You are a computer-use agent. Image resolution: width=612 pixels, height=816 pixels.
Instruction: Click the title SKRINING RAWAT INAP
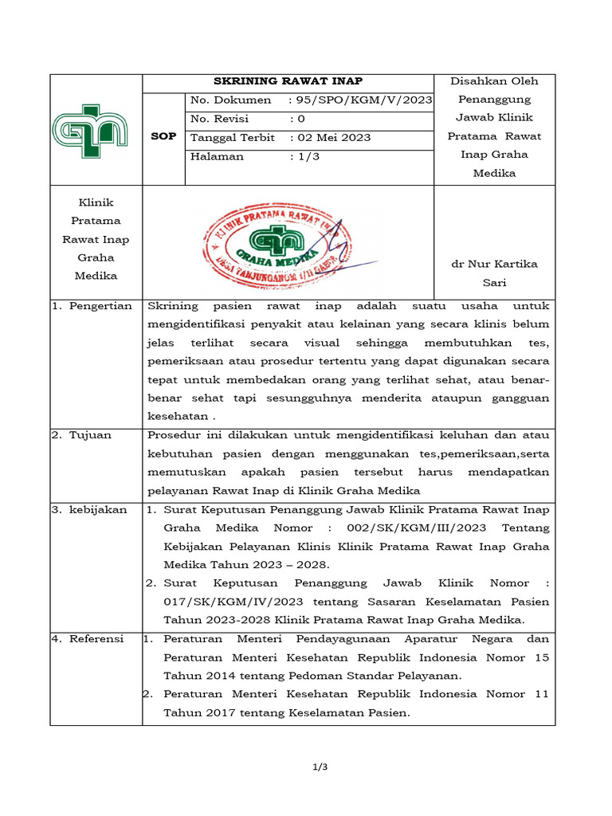click(288, 81)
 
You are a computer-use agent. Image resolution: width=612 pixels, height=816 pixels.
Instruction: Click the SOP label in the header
click(163, 137)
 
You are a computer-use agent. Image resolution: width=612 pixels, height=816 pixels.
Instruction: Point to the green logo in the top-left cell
click(90, 129)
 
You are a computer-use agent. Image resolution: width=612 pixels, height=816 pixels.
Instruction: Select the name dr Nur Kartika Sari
click(494, 273)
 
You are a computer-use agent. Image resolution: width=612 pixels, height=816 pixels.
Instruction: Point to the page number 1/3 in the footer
click(320, 767)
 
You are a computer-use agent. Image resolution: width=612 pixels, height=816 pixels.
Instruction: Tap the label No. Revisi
click(220, 119)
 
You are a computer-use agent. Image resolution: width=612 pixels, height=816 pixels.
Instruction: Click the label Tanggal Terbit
click(232, 138)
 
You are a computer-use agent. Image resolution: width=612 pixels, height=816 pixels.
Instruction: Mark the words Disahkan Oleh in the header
click(494, 81)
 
